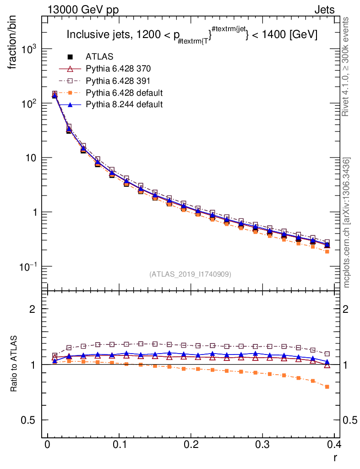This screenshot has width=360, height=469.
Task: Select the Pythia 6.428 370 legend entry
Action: tap(118, 69)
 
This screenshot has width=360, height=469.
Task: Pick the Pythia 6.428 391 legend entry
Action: tap(118, 81)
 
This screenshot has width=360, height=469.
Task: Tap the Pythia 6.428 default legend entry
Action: tap(124, 93)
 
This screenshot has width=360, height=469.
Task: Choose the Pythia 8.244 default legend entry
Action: tap(124, 104)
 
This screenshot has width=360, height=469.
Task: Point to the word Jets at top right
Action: tap(324, 10)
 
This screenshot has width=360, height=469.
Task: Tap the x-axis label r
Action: tap(335, 458)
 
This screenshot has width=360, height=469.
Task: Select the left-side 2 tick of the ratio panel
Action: tap(33, 309)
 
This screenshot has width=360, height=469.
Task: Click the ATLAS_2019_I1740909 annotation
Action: tap(190, 274)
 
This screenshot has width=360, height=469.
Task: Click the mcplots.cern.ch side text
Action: tap(347, 223)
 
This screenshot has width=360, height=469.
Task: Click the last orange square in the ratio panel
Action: tap(327, 387)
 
